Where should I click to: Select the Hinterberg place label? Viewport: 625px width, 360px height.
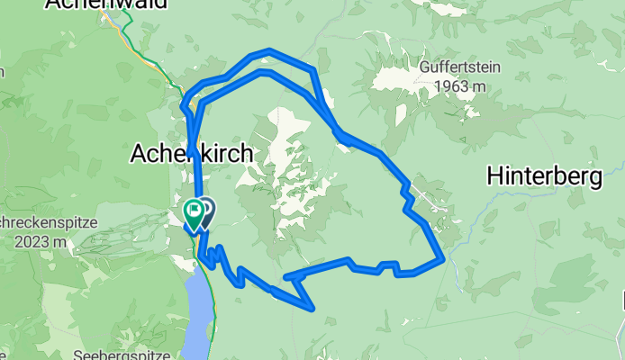544,177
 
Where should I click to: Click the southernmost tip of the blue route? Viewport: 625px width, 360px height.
312,309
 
